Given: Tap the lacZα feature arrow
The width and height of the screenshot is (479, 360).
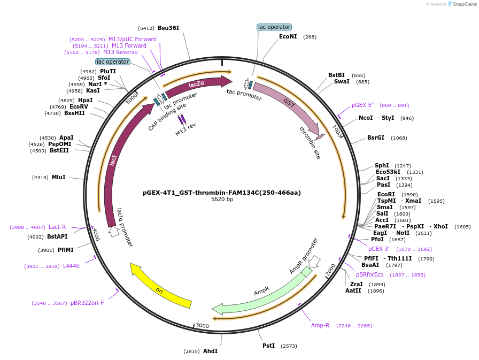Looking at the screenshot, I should [197, 85].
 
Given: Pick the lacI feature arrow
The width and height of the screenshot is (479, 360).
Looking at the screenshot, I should [113, 160].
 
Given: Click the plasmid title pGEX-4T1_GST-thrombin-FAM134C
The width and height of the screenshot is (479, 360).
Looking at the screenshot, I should [222, 193].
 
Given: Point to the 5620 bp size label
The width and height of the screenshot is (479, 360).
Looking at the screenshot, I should [222, 200].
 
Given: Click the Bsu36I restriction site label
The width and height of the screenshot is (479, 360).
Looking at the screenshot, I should [168, 28].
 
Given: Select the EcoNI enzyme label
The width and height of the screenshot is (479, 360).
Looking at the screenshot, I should [288, 36].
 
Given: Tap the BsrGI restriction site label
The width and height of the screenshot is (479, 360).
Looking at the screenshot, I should [375, 137].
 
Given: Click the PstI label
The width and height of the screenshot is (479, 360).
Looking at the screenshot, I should [268, 346].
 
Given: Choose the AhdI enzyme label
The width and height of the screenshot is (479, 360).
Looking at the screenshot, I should [210, 351].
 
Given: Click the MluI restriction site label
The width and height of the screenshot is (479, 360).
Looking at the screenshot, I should [58, 177].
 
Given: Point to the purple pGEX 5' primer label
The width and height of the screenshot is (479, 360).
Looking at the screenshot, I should [362, 105].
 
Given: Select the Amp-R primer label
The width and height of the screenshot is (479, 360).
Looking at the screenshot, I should [320, 325].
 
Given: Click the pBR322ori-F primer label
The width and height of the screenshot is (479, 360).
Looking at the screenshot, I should [87, 303].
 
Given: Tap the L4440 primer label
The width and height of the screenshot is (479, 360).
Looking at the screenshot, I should [71, 266].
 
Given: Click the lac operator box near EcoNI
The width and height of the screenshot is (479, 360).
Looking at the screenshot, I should [274, 27].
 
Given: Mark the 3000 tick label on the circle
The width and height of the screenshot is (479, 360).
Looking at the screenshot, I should [202, 325].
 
